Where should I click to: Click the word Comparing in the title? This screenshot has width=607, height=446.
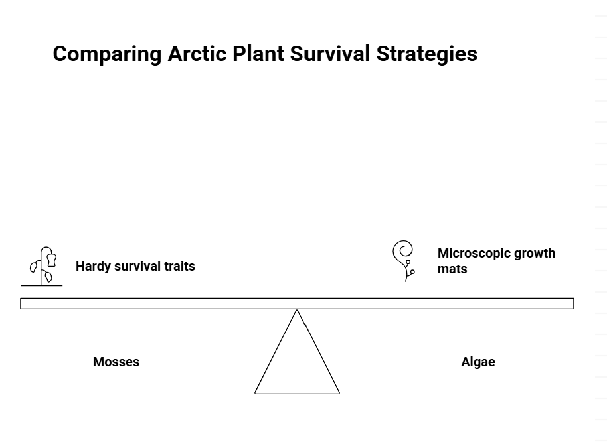107,54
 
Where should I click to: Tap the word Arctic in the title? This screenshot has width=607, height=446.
197,54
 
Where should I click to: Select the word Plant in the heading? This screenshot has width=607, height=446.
258,54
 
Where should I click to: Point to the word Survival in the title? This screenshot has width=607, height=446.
330,54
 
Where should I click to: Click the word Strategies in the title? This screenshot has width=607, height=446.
426,54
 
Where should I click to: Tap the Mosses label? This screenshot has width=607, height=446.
116,362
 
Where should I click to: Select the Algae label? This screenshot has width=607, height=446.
478,362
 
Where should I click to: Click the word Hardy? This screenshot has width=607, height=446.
93,267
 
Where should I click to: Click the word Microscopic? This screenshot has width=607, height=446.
472,254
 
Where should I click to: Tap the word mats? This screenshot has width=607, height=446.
452,269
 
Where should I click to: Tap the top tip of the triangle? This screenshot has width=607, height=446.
297,310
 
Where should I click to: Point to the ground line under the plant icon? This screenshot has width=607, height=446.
42,286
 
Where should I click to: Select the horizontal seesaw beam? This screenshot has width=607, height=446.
297,304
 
